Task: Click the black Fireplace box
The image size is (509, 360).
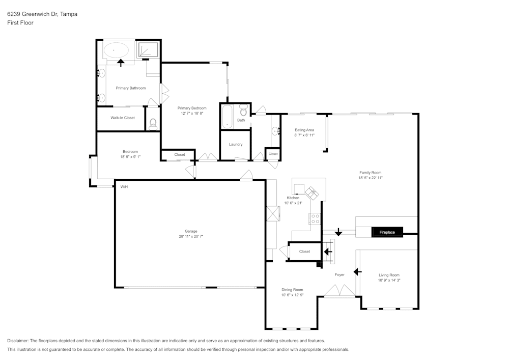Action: pos(387,232)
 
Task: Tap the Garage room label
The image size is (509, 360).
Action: pos(191,231)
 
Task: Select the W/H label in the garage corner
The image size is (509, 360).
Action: pos(124,187)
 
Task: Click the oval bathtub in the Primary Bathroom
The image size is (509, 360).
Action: pos(117,50)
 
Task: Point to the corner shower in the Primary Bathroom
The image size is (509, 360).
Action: pos(148,49)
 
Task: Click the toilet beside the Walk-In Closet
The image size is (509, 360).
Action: pos(153,123)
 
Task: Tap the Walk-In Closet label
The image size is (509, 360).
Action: pos(123,118)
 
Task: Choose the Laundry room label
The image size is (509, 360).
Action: pos(236,144)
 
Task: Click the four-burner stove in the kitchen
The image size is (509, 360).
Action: pos(315,219)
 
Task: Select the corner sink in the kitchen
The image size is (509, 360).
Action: pos(311,192)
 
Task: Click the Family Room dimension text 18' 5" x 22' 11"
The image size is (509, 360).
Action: pos(370,178)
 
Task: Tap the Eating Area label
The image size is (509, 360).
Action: pos(304,130)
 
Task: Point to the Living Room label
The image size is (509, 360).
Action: pos(389,275)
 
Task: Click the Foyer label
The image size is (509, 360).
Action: pos(340,274)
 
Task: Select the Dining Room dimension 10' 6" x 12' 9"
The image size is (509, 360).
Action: pos(292,295)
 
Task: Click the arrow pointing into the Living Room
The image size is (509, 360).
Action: pos(357,271)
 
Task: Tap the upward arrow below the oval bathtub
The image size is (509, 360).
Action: pos(121,63)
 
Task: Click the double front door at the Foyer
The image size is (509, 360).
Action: pos(340,292)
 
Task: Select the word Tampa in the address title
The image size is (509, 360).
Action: pos(69,14)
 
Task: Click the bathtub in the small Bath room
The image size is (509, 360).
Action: pos(227,117)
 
